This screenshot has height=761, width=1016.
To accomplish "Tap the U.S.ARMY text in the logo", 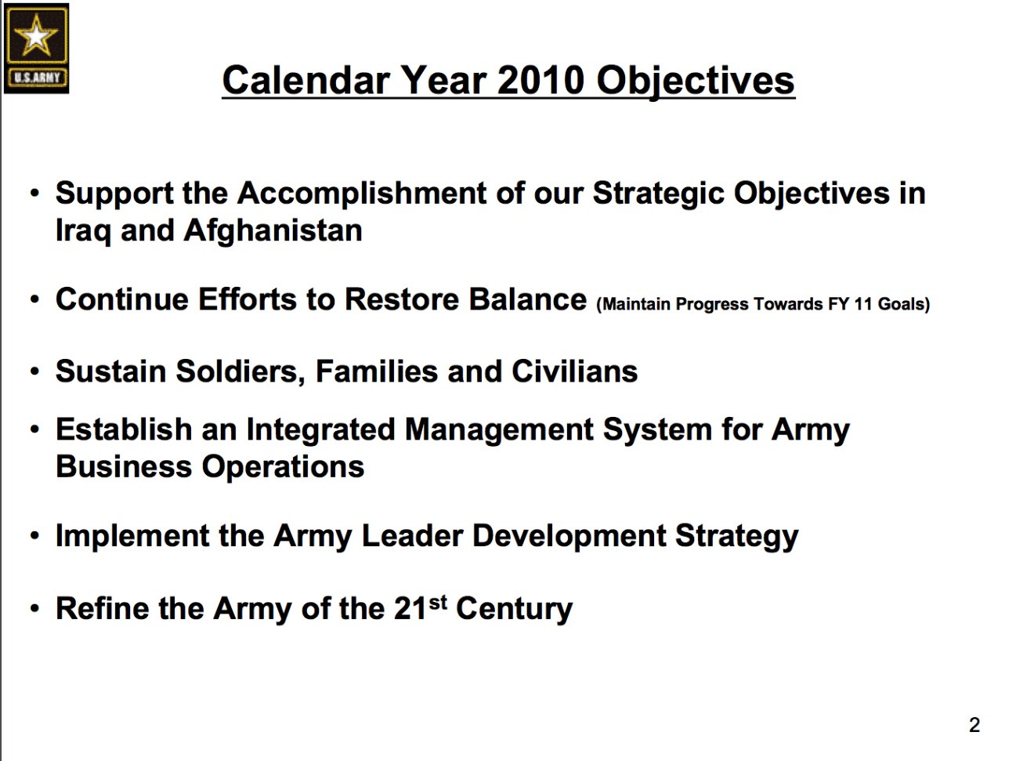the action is click(x=37, y=78).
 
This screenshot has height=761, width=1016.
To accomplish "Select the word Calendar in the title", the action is click(x=306, y=80).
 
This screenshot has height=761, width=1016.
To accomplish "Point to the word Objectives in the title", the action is click(x=696, y=82).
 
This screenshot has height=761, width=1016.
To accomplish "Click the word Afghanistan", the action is click(x=273, y=230).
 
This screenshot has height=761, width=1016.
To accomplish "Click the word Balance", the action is click(x=528, y=299).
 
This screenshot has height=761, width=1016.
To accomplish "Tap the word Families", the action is click(x=376, y=371).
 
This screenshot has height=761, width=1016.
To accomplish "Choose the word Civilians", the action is click(x=574, y=371).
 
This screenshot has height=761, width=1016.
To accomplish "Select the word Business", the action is click(x=124, y=466).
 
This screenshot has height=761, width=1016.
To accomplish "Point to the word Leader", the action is click(x=412, y=535).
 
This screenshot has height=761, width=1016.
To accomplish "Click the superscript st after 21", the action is click(x=438, y=603).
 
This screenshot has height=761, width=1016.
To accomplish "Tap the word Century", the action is click(x=514, y=610).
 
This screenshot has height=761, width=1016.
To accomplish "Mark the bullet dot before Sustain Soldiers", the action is click(x=34, y=371).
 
